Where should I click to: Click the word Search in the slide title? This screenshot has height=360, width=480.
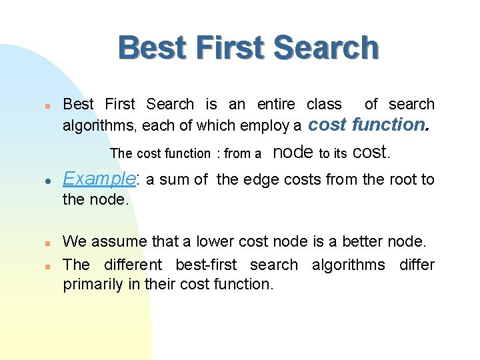(325, 49)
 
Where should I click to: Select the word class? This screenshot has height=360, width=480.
(324, 104)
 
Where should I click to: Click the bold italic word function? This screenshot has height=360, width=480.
(391, 124)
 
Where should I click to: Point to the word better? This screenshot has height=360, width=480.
(361, 241)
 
